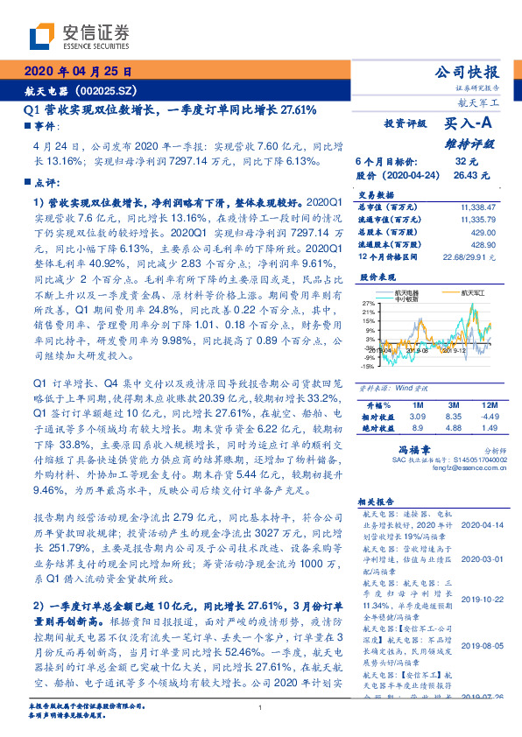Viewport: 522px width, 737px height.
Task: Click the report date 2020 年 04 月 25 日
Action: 78,74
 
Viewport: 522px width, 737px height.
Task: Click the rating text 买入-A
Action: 469,125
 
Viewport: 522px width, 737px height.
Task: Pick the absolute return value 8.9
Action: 417,428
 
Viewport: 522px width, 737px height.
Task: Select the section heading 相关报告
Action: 379,502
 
